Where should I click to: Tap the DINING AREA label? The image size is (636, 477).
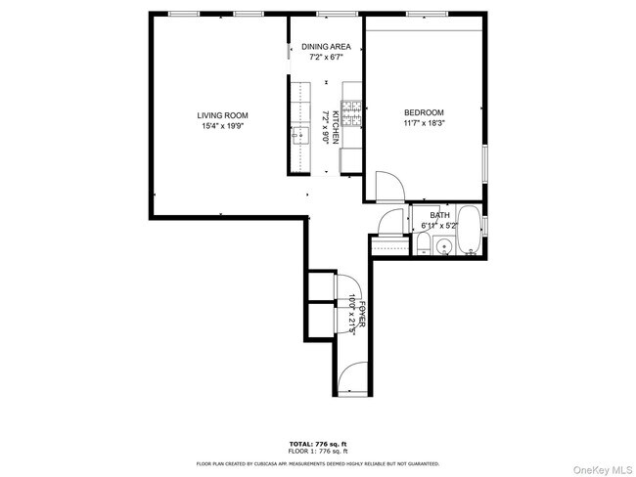[326, 46]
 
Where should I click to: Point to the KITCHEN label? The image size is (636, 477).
[335, 128]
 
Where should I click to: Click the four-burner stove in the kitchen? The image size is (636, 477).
[351, 112]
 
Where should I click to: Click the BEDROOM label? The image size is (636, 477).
[424, 112]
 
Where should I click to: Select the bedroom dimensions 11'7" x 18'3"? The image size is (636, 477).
[424, 124]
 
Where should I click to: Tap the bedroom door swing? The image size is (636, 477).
[386, 185]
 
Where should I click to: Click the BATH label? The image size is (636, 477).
[440, 215]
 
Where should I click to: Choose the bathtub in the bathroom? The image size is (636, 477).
[469, 232]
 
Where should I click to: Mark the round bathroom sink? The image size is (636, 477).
[445, 247]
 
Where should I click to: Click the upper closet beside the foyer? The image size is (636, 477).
[320, 285]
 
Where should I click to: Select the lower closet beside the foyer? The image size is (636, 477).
[320, 323]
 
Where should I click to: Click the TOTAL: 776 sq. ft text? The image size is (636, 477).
[318, 443]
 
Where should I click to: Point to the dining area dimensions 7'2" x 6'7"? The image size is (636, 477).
[326, 57]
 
